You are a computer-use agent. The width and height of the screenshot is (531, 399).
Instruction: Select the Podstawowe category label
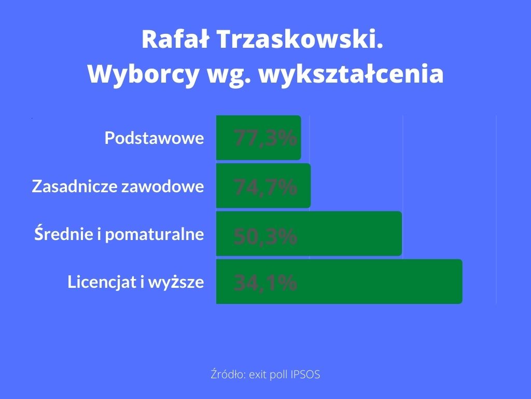154,138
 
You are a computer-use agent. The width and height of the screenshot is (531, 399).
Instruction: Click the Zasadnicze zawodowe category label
118,186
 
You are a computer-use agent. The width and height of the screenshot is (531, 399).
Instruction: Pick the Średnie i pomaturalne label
119,234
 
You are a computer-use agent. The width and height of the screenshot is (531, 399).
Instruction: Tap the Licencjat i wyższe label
135,282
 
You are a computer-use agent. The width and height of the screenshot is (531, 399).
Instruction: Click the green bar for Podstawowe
258,138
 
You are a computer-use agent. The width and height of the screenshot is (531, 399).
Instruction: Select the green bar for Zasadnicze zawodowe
263,185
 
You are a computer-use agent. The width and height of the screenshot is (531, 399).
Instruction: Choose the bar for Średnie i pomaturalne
309,234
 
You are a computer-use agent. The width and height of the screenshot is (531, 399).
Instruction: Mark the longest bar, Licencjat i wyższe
339,282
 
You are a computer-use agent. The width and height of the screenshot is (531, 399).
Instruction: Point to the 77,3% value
265,138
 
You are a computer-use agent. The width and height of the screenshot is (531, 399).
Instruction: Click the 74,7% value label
265,187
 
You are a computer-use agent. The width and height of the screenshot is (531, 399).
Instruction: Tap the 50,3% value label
265,236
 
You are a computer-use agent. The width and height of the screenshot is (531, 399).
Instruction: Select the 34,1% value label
265,282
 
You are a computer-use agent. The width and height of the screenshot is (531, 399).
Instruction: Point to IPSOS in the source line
305,375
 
